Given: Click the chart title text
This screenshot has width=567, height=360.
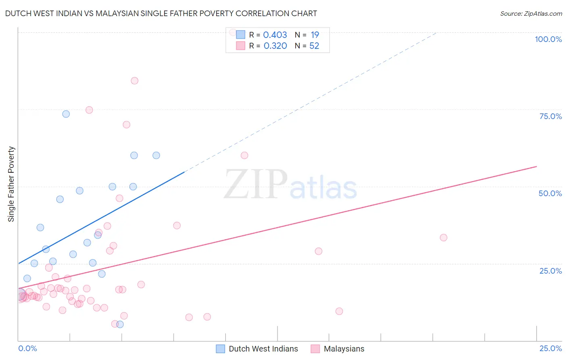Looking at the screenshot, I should (161, 13).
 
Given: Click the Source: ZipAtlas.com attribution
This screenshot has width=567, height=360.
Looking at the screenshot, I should (531, 13).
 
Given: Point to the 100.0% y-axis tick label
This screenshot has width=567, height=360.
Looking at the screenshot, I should (548, 39).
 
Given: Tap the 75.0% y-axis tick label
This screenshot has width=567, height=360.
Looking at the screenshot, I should (550, 116).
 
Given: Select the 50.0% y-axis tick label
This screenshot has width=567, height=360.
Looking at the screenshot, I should (550, 193).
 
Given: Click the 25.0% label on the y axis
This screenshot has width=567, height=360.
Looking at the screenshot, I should (550, 270).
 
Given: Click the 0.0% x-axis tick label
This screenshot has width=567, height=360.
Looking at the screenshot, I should (27, 348).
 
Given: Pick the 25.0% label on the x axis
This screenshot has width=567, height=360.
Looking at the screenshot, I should (550, 348).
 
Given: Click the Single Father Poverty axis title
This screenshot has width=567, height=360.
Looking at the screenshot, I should (11, 184).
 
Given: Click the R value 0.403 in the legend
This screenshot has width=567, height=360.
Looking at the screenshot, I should (275, 35).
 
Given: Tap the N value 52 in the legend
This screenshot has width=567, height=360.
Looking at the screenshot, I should (314, 46).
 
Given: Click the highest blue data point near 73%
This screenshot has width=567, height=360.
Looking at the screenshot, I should (66, 114).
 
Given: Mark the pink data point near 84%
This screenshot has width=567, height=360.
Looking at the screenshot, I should (135, 81).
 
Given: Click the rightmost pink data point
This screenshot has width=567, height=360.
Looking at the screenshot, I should (444, 238).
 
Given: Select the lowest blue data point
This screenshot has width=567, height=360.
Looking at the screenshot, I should (120, 324).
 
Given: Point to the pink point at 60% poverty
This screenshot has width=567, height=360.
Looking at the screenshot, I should (244, 155).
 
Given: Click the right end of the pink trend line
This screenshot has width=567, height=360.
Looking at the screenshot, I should (536, 166).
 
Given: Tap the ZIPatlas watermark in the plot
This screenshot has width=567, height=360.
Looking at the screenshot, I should (290, 185).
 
